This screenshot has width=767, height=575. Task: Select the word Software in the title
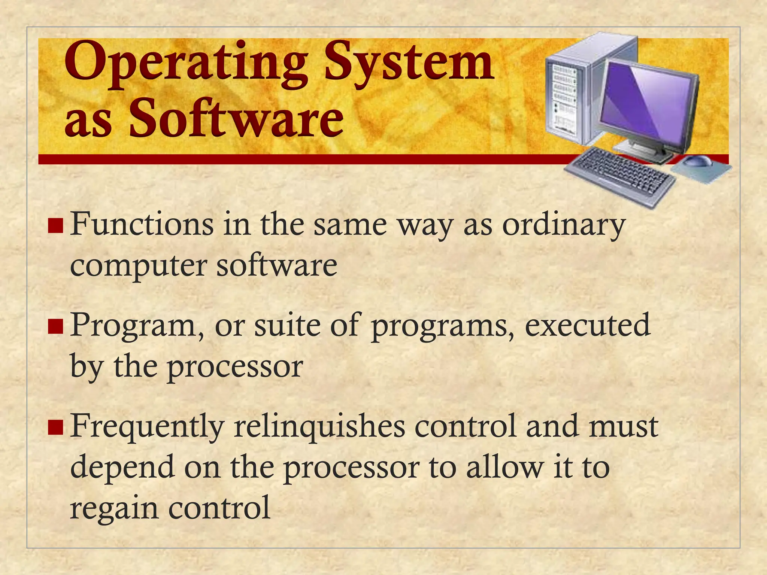[236, 118]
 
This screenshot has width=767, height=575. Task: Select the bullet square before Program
[55, 326]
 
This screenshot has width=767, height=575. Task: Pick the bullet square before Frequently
[55, 427]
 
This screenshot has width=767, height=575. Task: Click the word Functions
[142, 225]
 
